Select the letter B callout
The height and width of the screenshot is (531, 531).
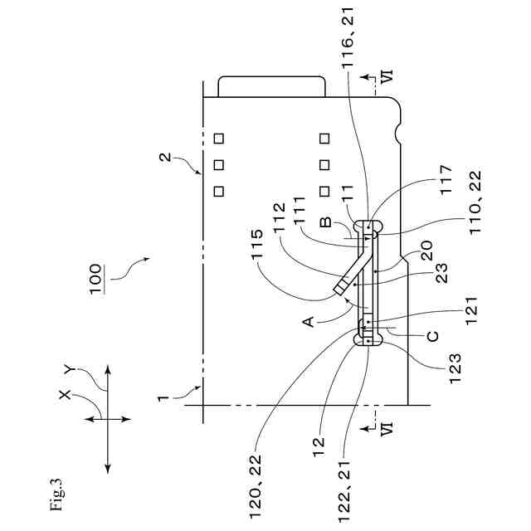[326, 222]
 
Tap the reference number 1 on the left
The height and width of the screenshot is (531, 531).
[166, 397]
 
